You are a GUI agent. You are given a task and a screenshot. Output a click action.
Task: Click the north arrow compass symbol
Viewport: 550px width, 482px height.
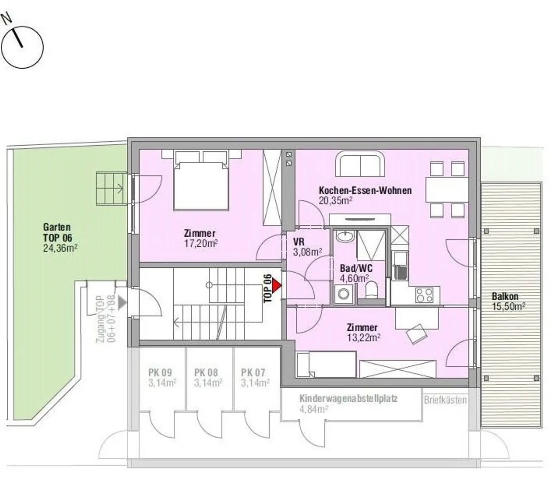[x=22, y=47]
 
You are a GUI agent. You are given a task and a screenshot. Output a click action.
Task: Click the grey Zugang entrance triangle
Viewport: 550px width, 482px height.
[x=122, y=302]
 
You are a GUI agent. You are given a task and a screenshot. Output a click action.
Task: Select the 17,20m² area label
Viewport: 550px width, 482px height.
[x=201, y=244]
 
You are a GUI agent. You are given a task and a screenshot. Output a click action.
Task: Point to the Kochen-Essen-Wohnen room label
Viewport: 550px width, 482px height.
[x=365, y=190]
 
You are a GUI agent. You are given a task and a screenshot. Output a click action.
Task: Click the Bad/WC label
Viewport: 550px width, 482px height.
[x=356, y=268]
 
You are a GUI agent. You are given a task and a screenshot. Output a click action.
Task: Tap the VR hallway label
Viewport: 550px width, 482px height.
[x=299, y=242]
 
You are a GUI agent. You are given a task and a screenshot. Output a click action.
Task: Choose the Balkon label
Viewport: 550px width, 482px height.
[x=505, y=296]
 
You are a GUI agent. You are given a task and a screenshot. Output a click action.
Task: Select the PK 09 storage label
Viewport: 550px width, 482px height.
[x=160, y=373]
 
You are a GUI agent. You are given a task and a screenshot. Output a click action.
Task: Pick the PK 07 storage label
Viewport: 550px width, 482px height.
[x=253, y=373]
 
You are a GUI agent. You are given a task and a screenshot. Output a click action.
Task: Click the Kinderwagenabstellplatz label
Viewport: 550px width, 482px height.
[x=348, y=399]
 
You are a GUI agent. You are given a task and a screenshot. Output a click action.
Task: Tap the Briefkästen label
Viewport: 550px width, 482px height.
[x=445, y=400]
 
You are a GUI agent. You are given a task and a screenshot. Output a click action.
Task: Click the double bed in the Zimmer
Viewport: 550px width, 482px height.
[x=201, y=185]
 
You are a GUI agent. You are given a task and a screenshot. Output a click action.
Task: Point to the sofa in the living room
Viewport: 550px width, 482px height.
[x=360, y=164]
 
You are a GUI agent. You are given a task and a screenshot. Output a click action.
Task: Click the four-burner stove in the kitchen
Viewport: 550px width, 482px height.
[x=424, y=295]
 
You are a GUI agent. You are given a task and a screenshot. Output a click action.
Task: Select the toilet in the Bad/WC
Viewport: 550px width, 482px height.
[x=372, y=290]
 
